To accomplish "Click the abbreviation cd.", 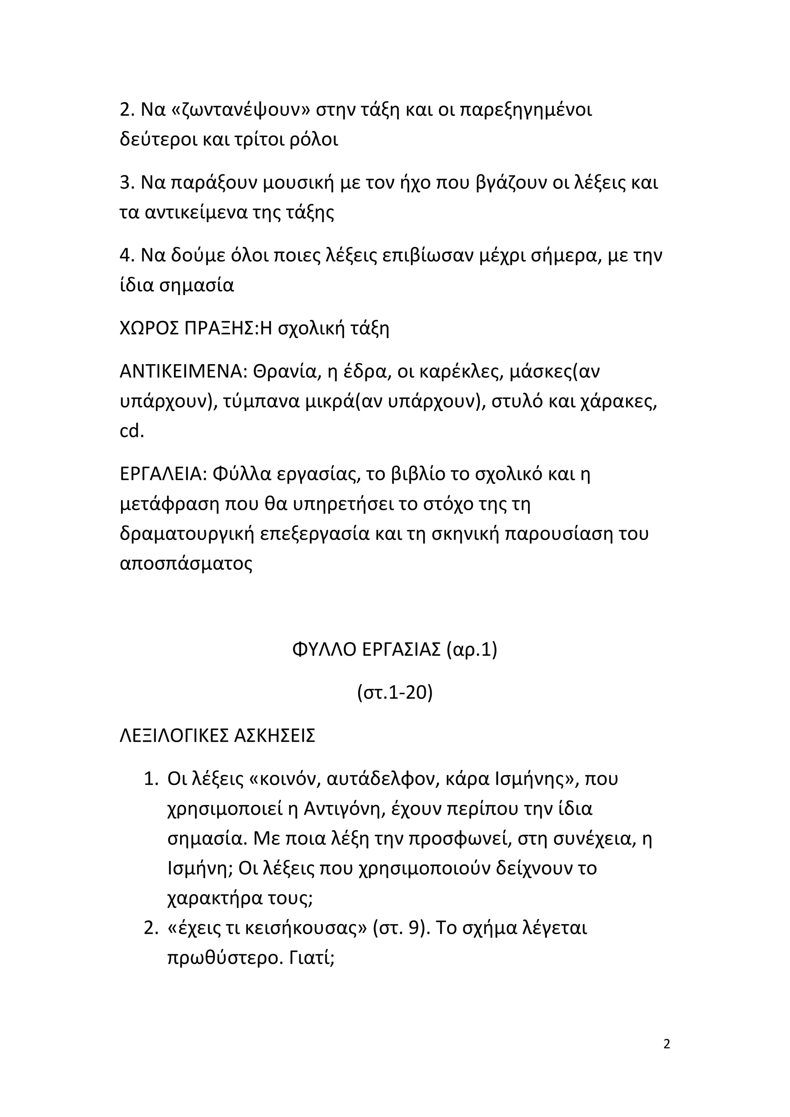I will tap(132, 431).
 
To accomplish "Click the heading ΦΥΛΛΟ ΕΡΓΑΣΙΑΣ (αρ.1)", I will tap(395, 650).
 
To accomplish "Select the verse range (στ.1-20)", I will tap(395, 692).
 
